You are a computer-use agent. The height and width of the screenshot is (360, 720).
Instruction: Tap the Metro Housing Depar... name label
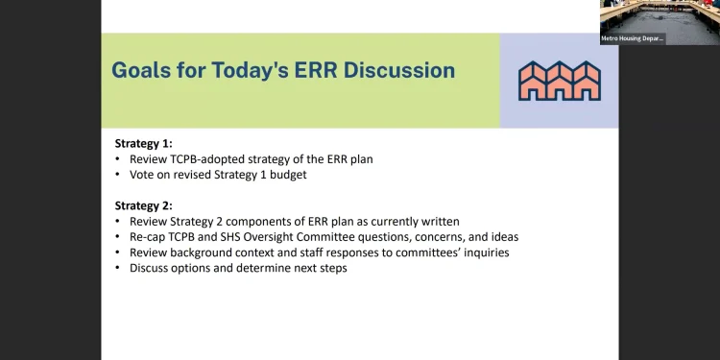[x=632, y=38]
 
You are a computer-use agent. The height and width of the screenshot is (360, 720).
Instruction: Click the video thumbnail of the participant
[x=659, y=17]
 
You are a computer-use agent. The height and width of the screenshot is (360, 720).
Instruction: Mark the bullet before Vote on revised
[x=118, y=175]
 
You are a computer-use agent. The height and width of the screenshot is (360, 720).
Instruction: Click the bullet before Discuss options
[x=118, y=268]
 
